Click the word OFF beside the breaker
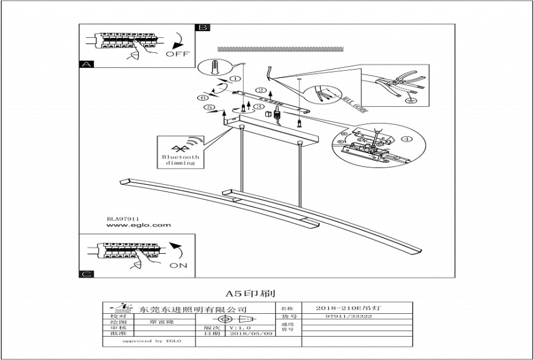coord(177,53)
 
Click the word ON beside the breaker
coord(179,265)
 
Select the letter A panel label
coord(86,64)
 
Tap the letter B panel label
coord(203,28)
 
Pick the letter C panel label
coord(86,274)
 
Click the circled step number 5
coord(209,108)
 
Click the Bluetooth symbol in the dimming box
coord(178,147)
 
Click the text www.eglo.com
coord(139,226)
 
